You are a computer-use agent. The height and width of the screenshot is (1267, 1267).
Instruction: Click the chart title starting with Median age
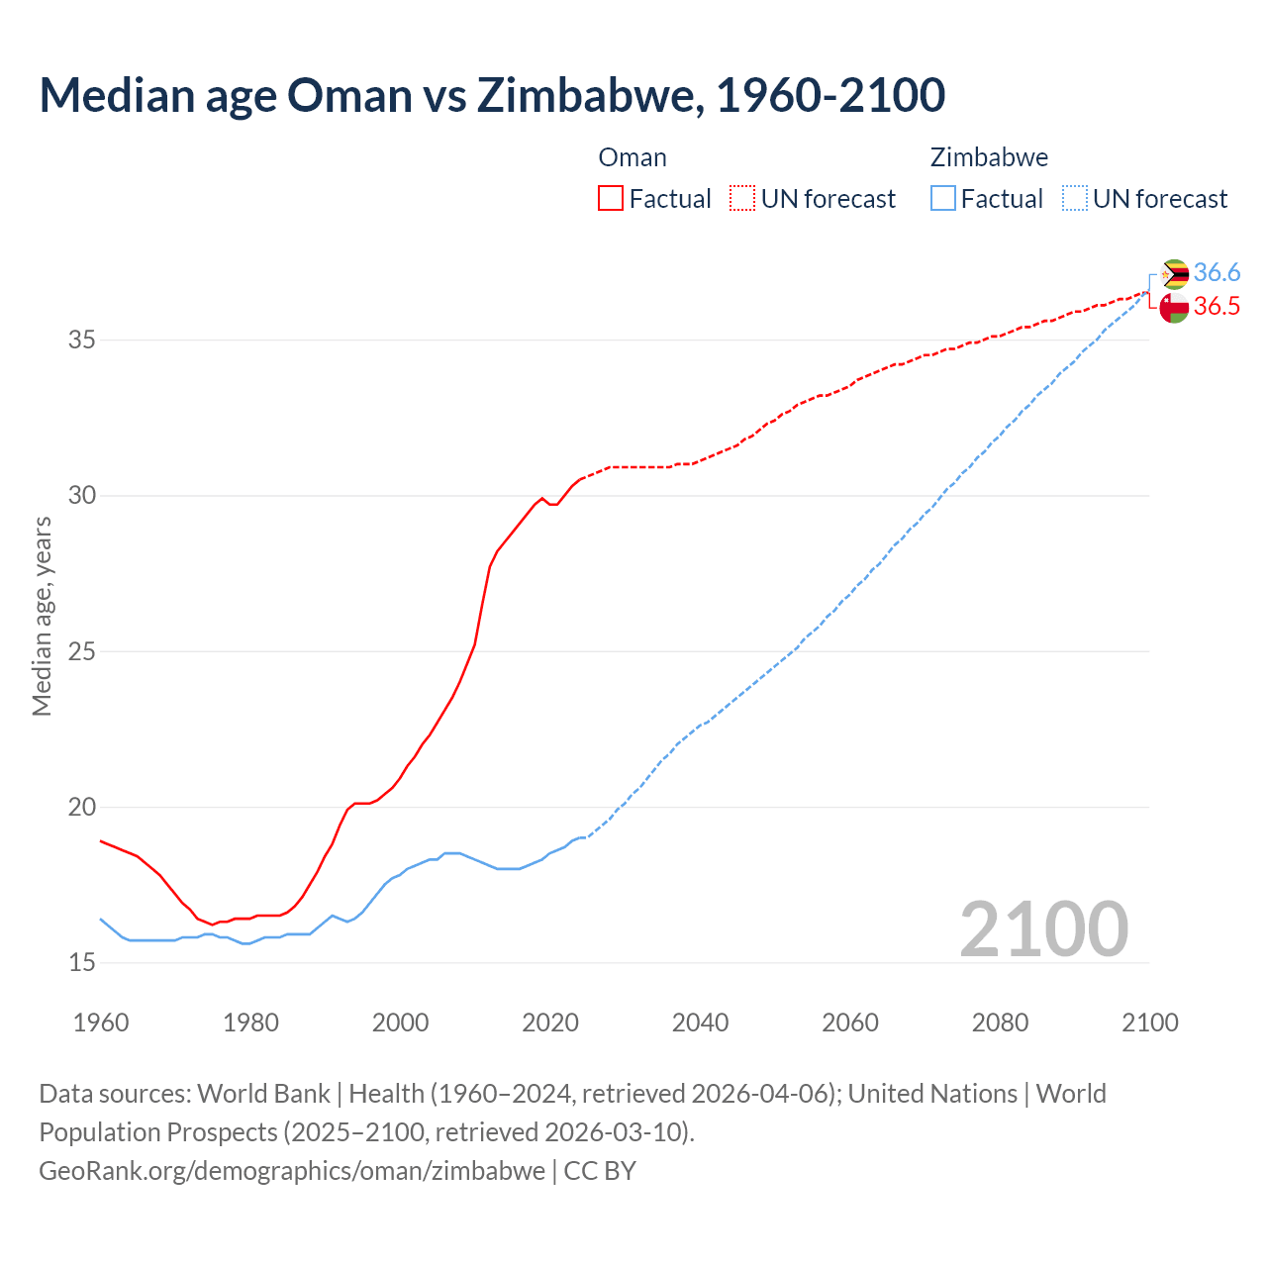[492, 95]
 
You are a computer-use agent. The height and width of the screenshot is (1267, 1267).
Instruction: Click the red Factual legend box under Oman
[611, 198]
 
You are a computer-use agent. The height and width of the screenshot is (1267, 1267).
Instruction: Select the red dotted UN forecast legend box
[742, 198]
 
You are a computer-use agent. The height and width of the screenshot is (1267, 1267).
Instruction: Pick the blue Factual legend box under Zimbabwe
[942, 198]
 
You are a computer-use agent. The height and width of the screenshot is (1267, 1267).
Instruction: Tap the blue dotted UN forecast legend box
[1074, 198]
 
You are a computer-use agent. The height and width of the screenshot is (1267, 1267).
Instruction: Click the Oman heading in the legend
[633, 157]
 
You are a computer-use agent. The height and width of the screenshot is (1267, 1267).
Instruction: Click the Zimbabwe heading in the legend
[989, 157]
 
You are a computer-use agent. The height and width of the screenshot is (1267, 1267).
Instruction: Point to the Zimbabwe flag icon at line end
[1174, 274]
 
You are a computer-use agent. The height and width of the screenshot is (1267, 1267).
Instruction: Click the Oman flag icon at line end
[1174, 308]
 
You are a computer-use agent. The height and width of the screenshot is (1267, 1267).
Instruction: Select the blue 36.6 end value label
[1217, 272]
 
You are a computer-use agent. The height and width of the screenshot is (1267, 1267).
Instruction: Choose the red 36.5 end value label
[1217, 306]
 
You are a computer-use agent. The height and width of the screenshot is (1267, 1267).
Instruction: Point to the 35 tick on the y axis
[82, 340]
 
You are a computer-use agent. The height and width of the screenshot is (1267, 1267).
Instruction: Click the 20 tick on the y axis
[82, 807]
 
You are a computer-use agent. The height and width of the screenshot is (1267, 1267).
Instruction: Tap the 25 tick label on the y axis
[82, 651]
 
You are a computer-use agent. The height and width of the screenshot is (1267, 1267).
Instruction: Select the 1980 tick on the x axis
[250, 1023]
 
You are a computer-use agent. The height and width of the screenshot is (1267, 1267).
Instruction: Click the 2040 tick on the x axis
[700, 1023]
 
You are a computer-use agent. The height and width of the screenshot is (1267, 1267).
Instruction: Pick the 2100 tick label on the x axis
[1149, 1023]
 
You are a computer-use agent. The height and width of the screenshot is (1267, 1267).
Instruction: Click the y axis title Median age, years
[42, 616]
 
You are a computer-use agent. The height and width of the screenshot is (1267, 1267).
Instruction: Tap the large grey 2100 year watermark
[1043, 928]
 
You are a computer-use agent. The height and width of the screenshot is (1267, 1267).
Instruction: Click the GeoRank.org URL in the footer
[292, 1170]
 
